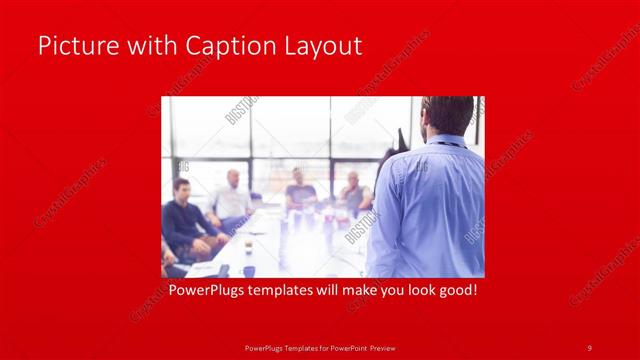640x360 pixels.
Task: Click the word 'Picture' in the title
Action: pos(72,46)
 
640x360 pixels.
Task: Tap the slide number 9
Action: pos(590,347)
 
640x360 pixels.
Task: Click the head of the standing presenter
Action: pos(446,115)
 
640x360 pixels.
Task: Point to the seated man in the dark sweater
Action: pos(186,220)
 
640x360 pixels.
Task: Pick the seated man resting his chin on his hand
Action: pos(352,194)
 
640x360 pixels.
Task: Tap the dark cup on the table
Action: pos(248,270)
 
